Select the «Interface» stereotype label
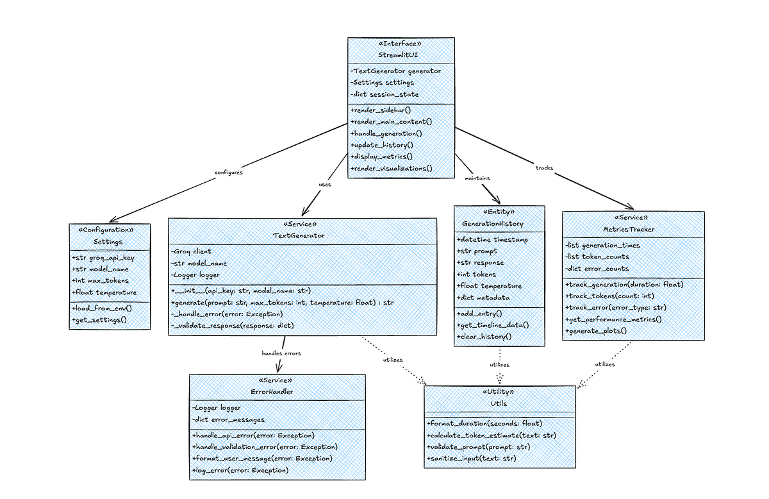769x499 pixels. pyautogui.click(x=402, y=44)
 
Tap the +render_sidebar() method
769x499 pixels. pyautogui.click(x=381, y=110)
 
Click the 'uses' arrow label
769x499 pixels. pyautogui.click(x=325, y=185)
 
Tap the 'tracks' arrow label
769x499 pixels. pyautogui.click(x=544, y=168)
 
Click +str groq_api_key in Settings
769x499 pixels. pyautogui.click(x=104, y=257)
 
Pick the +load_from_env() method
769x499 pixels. pyautogui.click(x=101, y=309)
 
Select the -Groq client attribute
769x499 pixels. pyautogui.click(x=191, y=251)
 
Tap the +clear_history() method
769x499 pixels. pyautogui.click(x=484, y=336)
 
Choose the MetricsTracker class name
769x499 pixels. pyautogui.click(x=633, y=229)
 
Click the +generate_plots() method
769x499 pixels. pyautogui.click(x=596, y=331)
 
